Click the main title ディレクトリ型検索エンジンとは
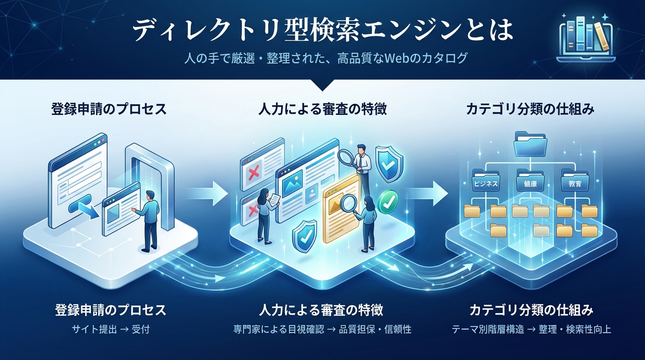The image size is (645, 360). tap(322, 31)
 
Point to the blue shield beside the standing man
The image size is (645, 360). tap(388, 164)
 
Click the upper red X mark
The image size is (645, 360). tap(254, 174)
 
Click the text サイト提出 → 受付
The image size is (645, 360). tap(111, 329)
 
